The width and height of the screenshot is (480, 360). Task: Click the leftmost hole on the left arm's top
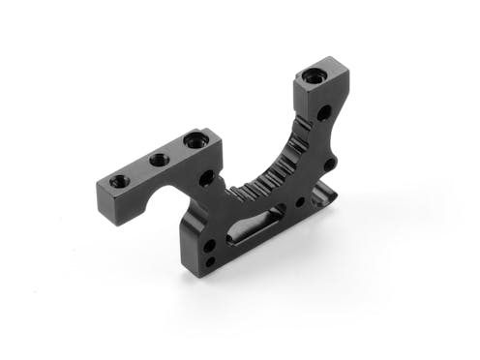[118, 181]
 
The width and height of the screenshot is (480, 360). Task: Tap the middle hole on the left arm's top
[159, 160]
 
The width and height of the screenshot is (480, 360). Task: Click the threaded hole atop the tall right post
[315, 75]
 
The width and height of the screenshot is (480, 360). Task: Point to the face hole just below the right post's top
[322, 113]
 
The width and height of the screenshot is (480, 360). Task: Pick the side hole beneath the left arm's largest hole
[206, 178]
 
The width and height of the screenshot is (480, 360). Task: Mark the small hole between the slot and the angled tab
[300, 202]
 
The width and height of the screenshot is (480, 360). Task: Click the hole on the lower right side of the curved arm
[330, 165]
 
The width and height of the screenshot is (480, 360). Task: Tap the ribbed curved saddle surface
[266, 169]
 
